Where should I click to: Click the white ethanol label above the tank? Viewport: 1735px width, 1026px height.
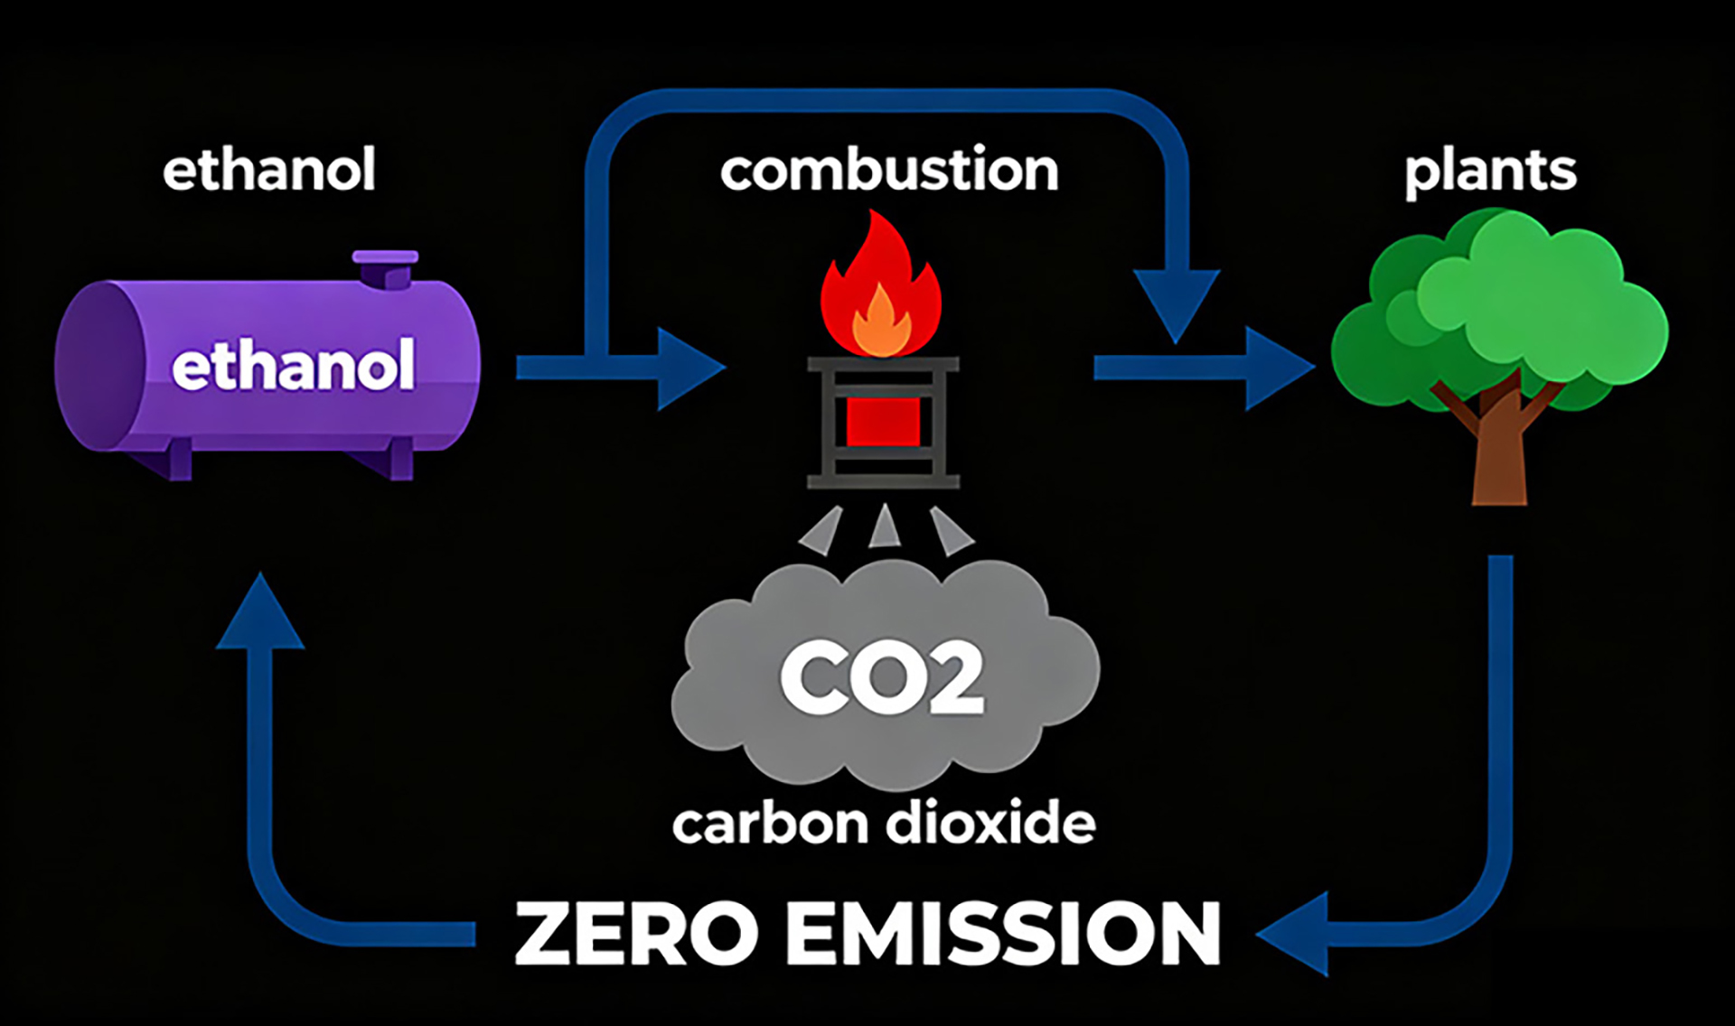tap(268, 170)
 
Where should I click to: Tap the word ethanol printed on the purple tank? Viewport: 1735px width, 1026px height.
tap(293, 365)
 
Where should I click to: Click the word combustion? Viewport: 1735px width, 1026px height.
tap(889, 170)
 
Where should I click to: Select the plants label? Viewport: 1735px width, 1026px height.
tap(1490, 172)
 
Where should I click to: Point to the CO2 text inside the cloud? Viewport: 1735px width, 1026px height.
tap(882, 678)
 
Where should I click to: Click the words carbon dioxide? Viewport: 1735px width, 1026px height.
tap(884, 824)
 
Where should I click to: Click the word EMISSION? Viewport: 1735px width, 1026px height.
tap(1003, 934)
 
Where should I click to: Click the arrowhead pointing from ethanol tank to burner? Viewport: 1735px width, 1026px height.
tap(689, 368)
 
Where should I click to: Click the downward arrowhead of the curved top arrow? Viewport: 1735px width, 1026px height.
tap(1176, 303)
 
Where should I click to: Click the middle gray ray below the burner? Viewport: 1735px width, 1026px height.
tap(883, 528)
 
